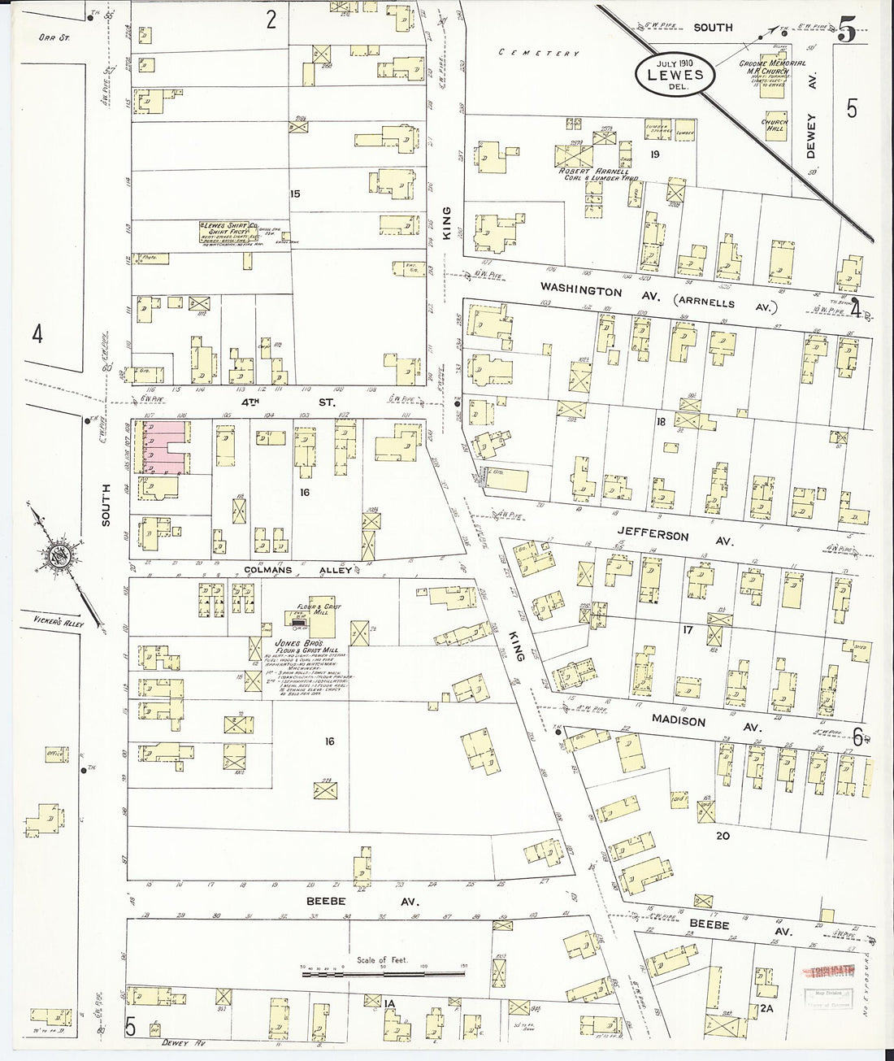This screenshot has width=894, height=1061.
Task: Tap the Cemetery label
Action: coord(540,54)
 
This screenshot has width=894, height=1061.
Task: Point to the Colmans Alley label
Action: coord(298,570)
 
